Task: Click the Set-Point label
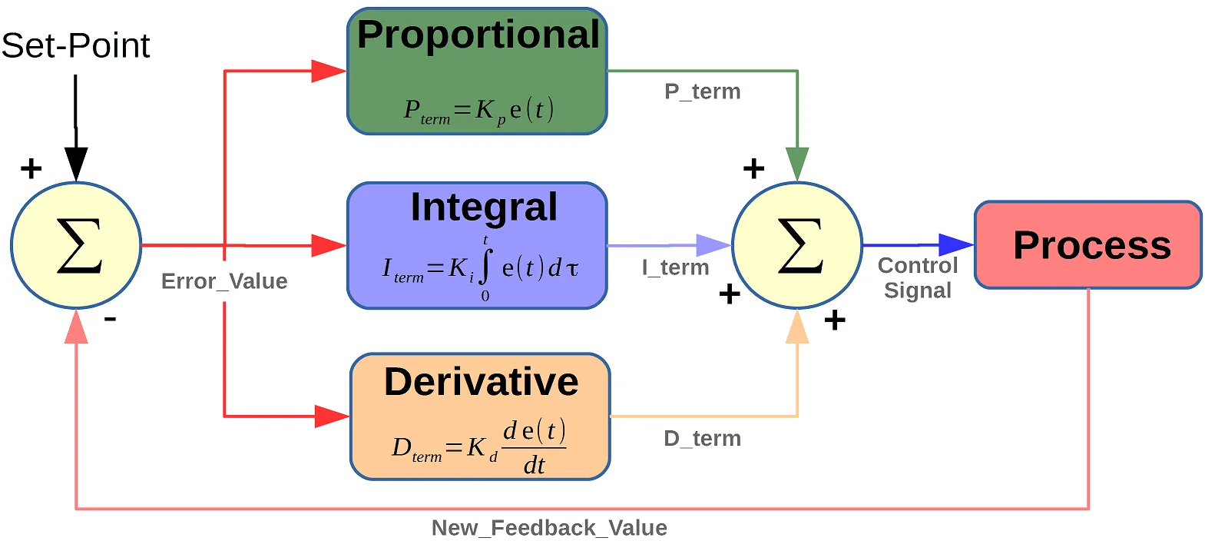tap(75, 45)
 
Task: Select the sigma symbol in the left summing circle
tap(78, 246)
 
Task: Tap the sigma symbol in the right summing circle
tap(799, 246)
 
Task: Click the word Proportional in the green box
tap(478, 35)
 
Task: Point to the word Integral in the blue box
tap(484, 207)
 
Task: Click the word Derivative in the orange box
tap(481, 382)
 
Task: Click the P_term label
tap(702, 91)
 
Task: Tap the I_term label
tap(675, 267)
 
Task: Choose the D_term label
tap(702, 439)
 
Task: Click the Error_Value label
tap(224, 281)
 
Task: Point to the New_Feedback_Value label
tap(549, 528)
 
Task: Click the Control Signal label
tap(918, 277)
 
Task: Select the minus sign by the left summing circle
tap(111, 318)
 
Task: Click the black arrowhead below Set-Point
tap(76, 163)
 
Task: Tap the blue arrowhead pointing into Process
tap(956, 245)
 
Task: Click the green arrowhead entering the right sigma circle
tap(797, 164)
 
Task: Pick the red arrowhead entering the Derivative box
tap(332, 417)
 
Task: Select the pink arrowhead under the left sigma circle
tap(76, 327)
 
